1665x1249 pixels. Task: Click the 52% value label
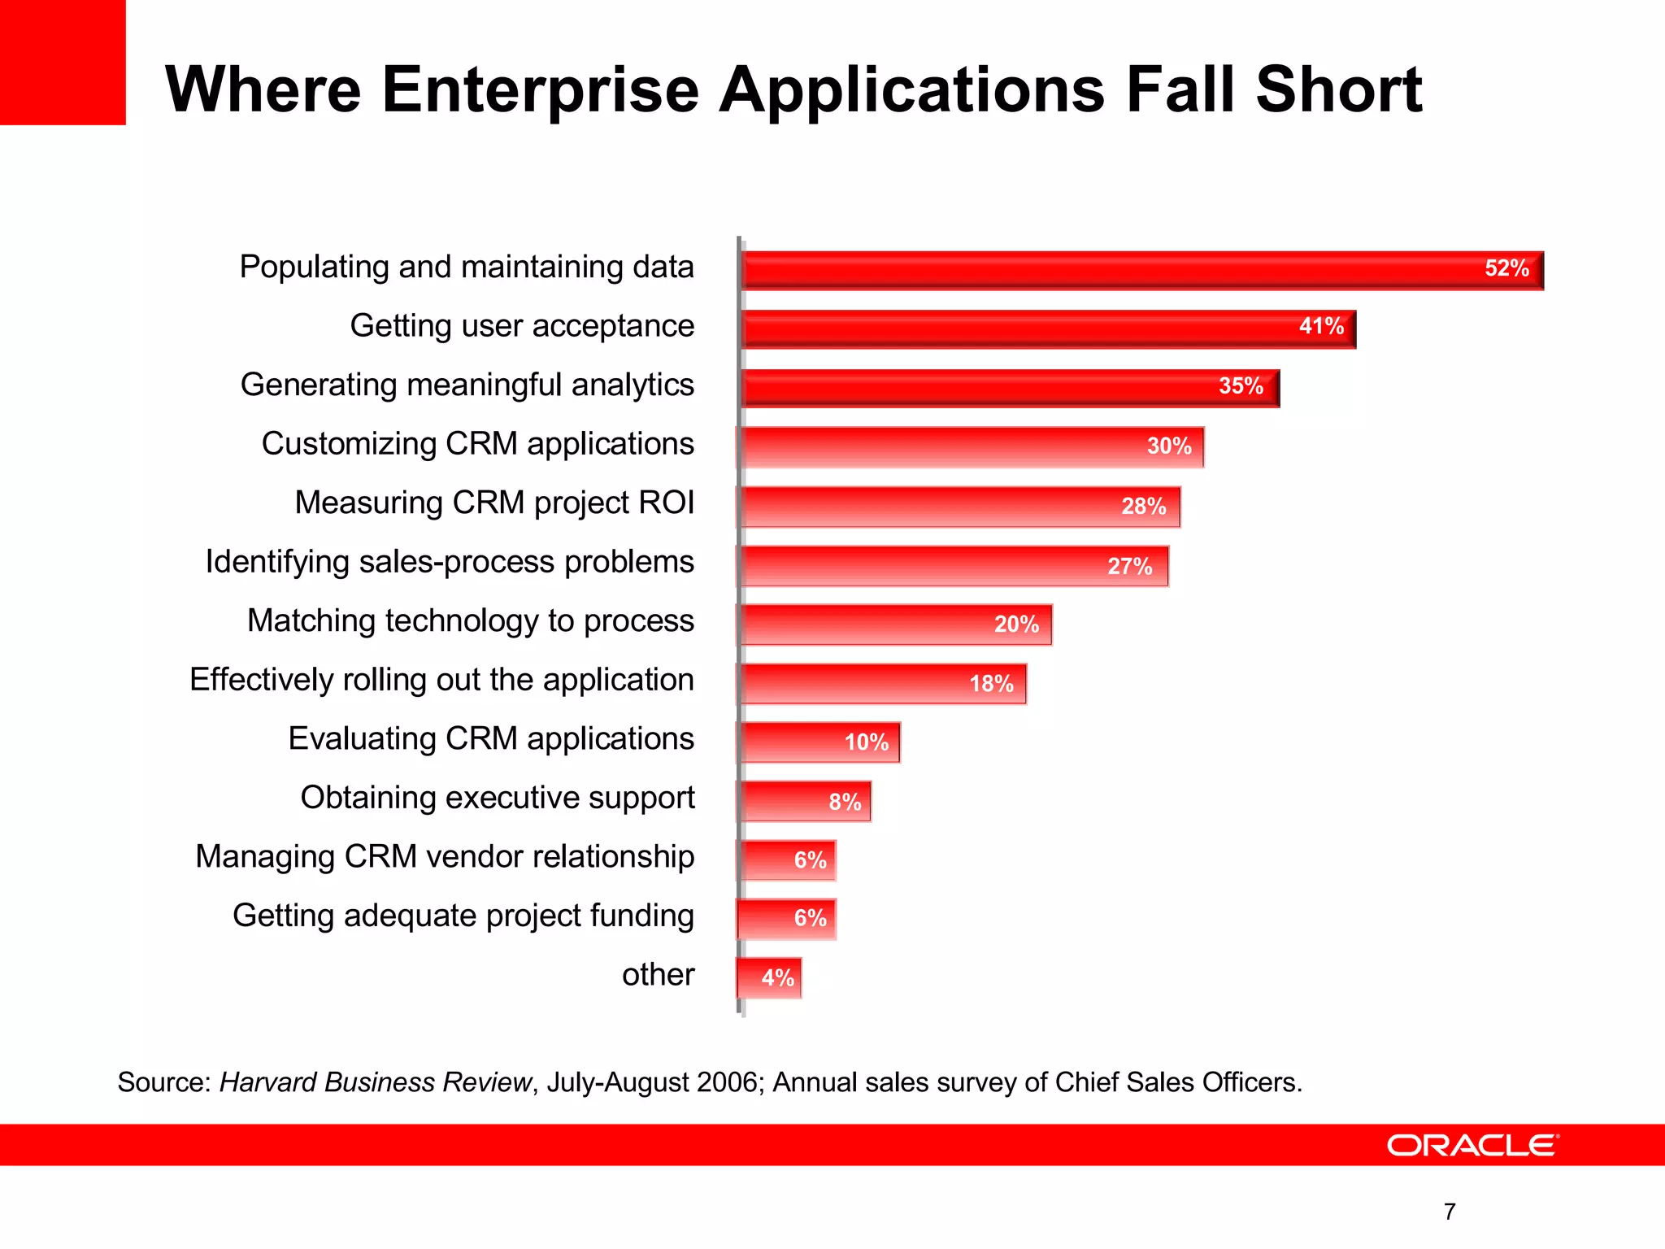(x=1506, y=268)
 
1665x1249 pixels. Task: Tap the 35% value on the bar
(x=1241, y=386)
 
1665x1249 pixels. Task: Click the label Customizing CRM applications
(x=477, y=444)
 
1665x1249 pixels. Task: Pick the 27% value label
(x=1129, y=566)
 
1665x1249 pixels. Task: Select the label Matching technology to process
(x=470, y=620)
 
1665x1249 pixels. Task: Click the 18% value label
(x=991, y=684)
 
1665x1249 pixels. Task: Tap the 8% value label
(x=845, y=802)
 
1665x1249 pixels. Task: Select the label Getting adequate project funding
(x=463, y=916)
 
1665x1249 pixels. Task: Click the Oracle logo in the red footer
(x=1472, y=1145)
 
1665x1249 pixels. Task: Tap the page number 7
(x=1450, y=1212)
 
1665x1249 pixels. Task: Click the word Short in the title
(x=1338, y=89)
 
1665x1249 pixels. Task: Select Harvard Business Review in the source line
(x=375, y=1082)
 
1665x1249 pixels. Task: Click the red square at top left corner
(x=63, y=62)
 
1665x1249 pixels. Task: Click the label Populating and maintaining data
(x=466, y=268)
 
